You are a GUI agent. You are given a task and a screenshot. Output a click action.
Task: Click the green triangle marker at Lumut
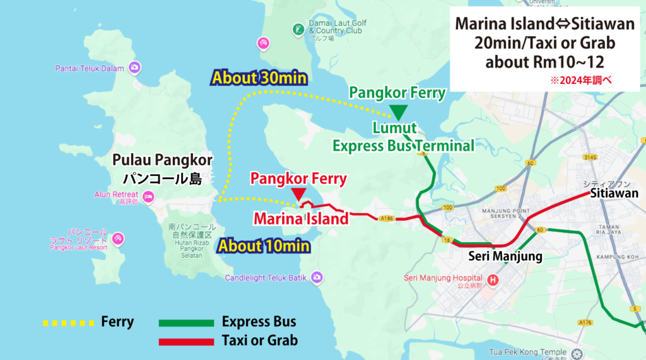click(x=398, y=112)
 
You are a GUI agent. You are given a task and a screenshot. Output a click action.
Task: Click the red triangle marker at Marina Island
click(x=298, y=194)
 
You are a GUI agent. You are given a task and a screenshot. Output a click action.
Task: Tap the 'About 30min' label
click(x=259, y=78)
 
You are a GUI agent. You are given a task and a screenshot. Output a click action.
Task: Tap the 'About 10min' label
click(x=264, y=245)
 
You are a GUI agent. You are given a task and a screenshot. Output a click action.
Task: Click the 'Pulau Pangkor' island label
click(x=162, y=160)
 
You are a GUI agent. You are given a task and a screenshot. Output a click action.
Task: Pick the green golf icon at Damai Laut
click(x=297, y=29)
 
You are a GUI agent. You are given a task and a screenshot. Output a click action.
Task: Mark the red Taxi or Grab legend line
click(x=185, y=341)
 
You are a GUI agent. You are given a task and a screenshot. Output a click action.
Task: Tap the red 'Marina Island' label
click(x=301, y=219)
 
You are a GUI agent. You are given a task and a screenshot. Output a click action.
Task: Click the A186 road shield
click(x=387, y=219)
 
